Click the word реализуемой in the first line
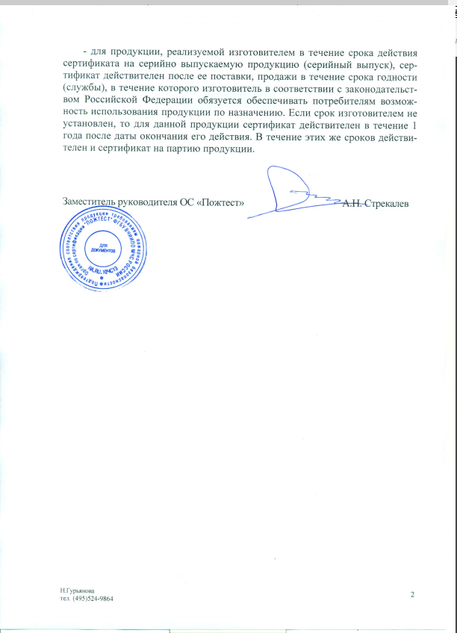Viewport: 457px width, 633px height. tap(195, 52)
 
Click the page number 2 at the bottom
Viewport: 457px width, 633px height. tap(411, 593)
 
